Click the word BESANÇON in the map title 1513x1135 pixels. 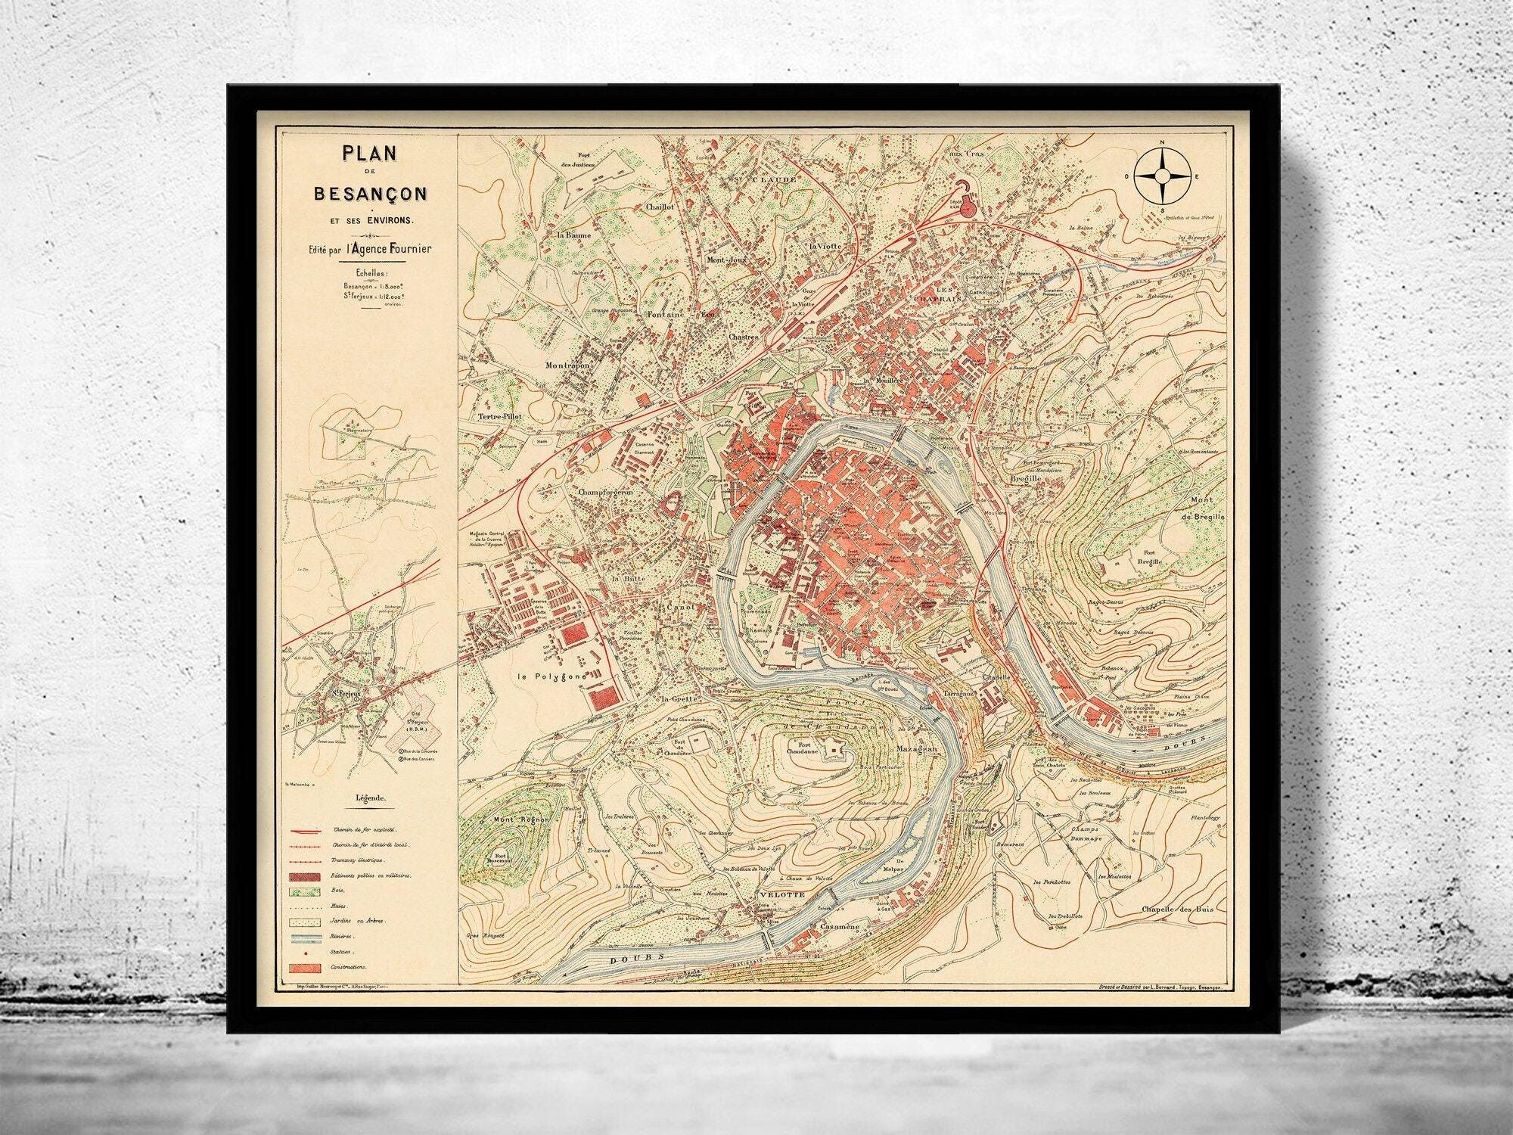(x=370, y=194)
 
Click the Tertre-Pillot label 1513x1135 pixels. (x=501, y=416)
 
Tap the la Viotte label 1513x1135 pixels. (x=824, y=247)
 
